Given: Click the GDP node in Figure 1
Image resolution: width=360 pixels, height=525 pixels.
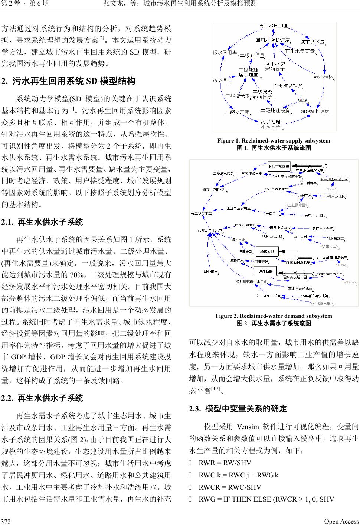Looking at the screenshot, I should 302,100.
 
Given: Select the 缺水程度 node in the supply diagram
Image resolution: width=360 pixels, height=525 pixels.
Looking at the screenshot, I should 323,76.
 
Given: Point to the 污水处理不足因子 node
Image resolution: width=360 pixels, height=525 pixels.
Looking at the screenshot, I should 270,124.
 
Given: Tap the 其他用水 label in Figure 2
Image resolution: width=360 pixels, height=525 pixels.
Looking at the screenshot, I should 210,272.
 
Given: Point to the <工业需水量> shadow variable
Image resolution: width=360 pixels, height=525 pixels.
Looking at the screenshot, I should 297,205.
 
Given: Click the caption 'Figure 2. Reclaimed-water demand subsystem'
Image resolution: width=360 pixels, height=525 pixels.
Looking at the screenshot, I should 274,316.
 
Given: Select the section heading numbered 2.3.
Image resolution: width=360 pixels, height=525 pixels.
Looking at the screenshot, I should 238,409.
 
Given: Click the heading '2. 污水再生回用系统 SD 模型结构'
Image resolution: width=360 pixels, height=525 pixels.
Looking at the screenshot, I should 69,81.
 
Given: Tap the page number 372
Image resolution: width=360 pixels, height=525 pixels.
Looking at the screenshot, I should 6,521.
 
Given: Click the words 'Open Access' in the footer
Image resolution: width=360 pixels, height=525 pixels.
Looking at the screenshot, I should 341,521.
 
